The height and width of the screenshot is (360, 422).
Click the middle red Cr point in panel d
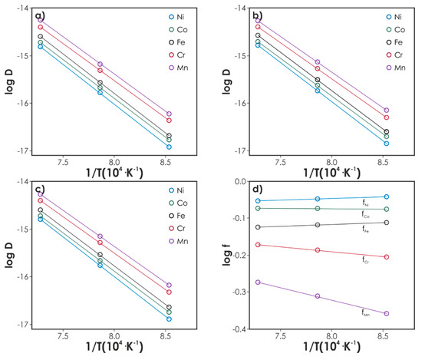(x=318, y=250)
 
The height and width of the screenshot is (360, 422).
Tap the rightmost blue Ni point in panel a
(x=169, y=147)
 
